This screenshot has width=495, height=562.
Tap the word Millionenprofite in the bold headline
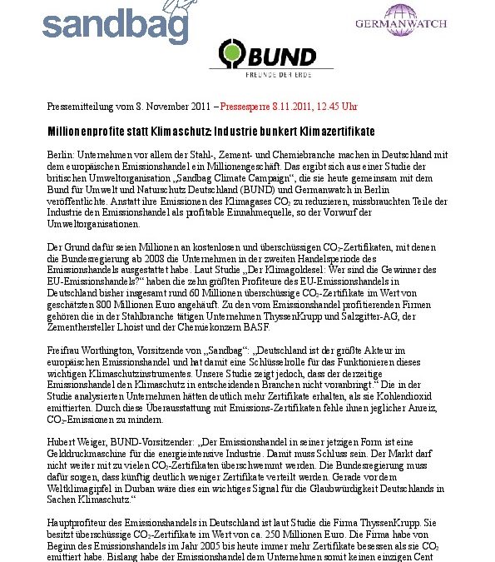[x=82, y=133]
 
